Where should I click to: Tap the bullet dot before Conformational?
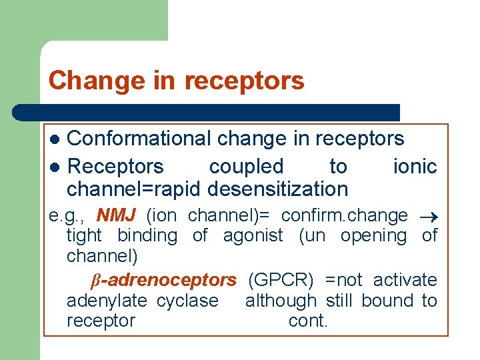[x=57, y=139]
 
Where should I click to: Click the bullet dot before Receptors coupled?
[x=57, y=167]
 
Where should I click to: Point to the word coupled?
[x=246, y=167]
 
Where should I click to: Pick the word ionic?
[x=415, y=166]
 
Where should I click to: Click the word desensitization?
[x=277, y=189]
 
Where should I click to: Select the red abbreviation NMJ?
[x=116, y=216]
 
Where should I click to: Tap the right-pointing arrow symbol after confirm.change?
[x=428, y=217]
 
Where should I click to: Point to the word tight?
[x=84, y=236]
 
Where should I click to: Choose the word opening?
[x=373, y=236]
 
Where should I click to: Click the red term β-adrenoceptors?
[x=163, y=280]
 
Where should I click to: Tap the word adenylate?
[x=109, y=301]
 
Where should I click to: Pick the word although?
[x=281, y=301]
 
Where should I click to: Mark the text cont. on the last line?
[x=308, y=321]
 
